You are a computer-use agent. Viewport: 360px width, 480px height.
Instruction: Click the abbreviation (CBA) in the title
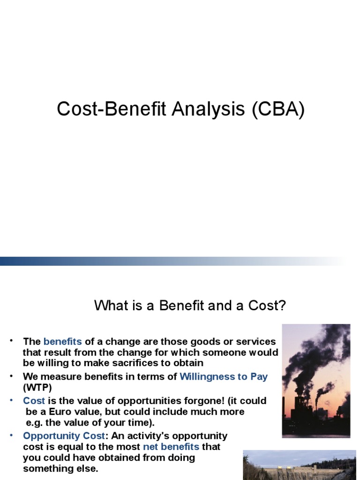(x=278, y=109)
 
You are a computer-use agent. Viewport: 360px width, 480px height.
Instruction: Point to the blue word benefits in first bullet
(x=63, y=341)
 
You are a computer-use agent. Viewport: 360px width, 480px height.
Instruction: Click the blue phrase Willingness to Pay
(x=224, y=376)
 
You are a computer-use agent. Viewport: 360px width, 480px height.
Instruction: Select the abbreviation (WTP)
(x=37, y=387)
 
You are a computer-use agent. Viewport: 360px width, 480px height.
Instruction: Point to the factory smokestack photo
(x=316, y=381)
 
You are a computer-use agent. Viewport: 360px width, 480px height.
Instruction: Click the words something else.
(x=60, y=468)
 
